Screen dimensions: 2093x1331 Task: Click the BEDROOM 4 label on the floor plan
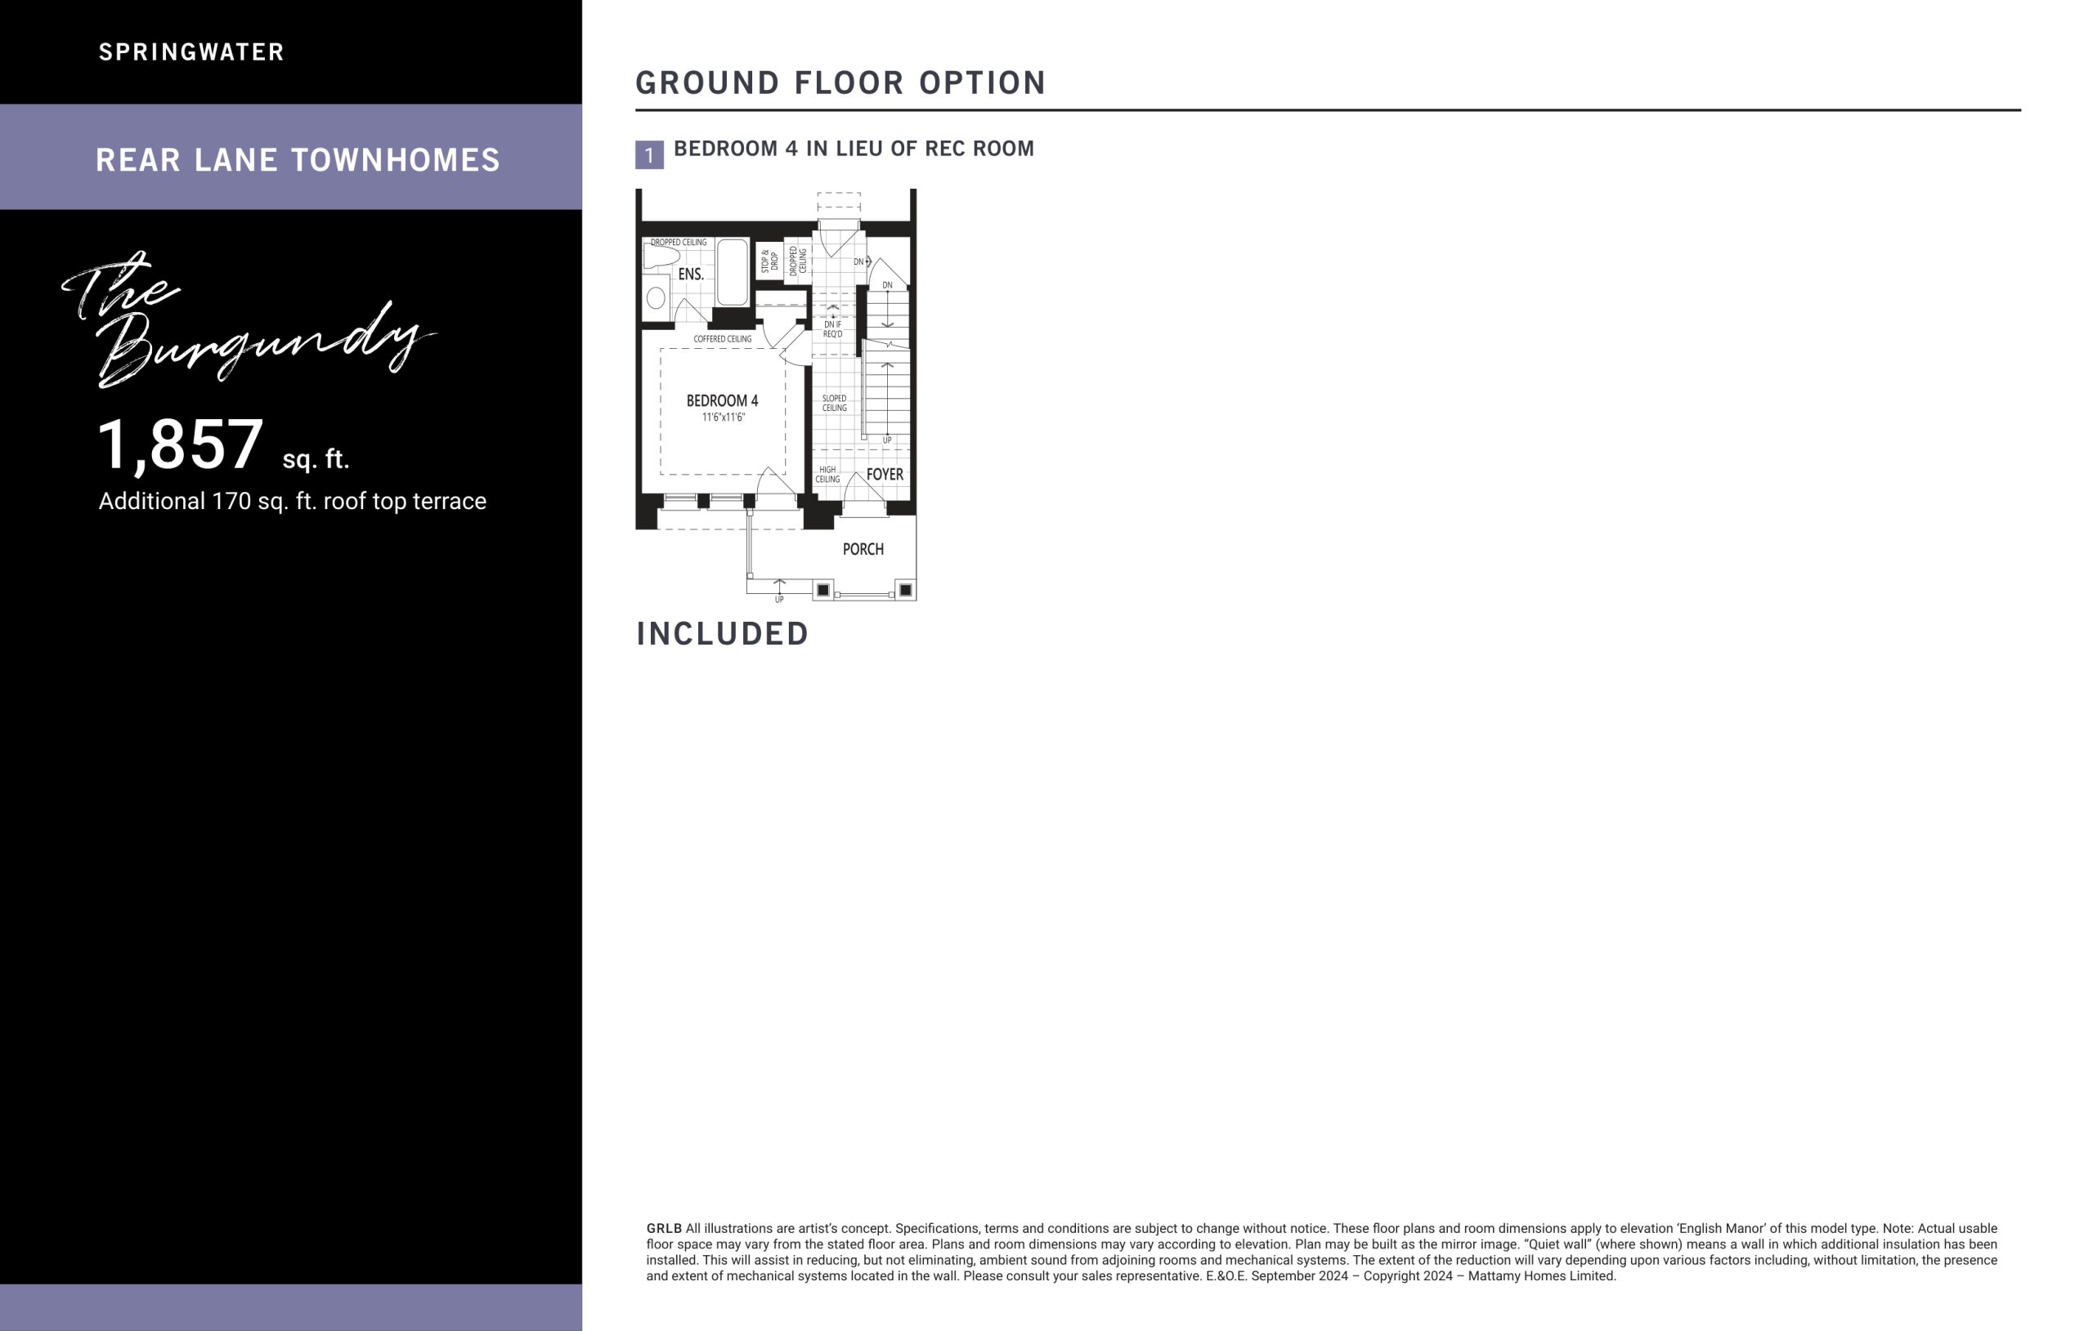click(721, 400)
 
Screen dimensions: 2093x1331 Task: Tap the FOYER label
click(885, 475)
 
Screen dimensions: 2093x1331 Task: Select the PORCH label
click(863, 549)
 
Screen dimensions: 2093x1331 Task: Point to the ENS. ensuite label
click(691, 274)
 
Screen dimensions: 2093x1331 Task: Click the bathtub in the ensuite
click(732, 272)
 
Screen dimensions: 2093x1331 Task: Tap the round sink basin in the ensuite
click(657, 298)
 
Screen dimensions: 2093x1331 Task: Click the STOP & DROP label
click(769, 261)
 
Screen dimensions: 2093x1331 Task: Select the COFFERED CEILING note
click(722, 339)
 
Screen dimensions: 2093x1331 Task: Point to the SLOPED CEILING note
click(835, 403)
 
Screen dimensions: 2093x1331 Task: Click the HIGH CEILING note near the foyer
click(827, 475)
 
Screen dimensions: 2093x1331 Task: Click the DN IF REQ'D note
click(832, 328)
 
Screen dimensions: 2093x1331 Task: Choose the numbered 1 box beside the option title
click(649, 154)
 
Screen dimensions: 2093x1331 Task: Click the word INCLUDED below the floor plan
click(722, 633)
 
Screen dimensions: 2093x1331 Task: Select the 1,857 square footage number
click(180, 444)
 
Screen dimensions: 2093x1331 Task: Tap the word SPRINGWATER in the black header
click(191, 52)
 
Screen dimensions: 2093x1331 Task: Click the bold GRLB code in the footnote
click(664, 1229)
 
